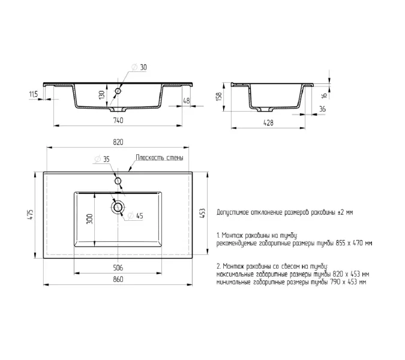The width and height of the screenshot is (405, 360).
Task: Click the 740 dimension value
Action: tap(118, 121)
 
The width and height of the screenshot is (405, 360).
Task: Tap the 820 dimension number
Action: tap(118, 142)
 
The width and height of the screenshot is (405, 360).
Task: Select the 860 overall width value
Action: tap(118, 280)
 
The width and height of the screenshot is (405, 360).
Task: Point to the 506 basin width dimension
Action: tap(118, 268)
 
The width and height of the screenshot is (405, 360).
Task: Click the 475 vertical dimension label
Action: tap(31, 214)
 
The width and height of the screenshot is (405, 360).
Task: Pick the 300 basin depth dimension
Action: tap(89, 219)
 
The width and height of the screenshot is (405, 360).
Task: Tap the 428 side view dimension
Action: tap(268, 123)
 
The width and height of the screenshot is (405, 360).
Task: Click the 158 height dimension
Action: tap(219, 97)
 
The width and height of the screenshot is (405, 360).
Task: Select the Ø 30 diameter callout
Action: tap(139, 67)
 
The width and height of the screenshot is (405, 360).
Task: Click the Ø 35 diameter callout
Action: tap(102, 160)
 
